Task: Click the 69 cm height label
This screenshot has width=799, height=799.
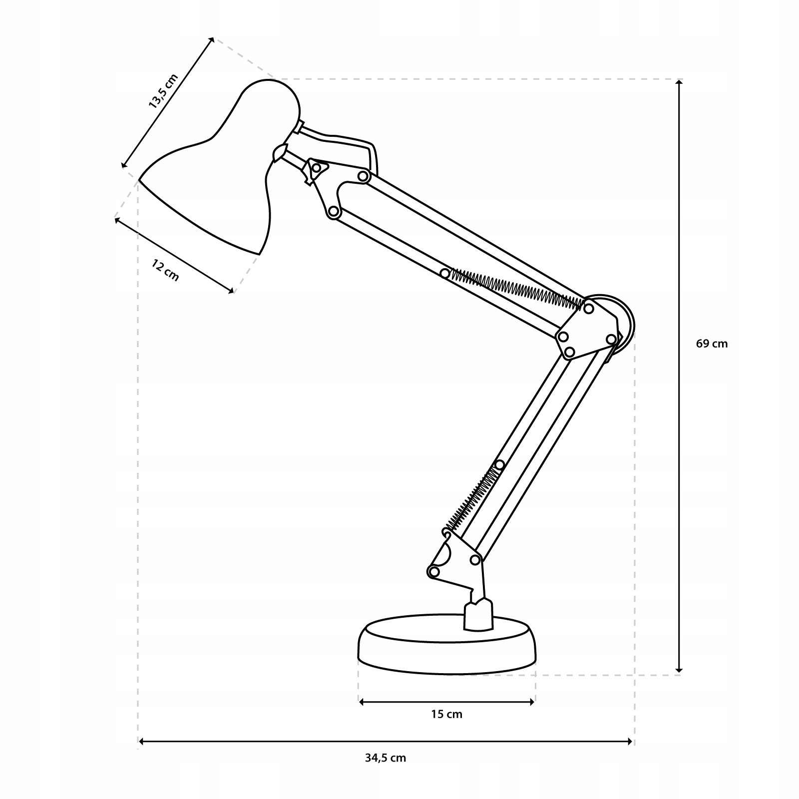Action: coord(712,344)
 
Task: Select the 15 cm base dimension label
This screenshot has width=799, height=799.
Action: coord(446,714)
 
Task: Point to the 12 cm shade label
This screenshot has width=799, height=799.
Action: coord(165,271)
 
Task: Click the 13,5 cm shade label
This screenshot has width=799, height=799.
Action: coord(163,91)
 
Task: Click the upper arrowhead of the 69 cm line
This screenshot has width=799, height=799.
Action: coord(679,83)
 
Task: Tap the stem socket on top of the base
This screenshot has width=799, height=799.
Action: coord(478,615)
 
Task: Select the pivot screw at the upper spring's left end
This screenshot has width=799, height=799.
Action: coord(445,273)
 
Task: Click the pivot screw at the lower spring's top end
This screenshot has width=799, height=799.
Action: coord(499,465)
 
